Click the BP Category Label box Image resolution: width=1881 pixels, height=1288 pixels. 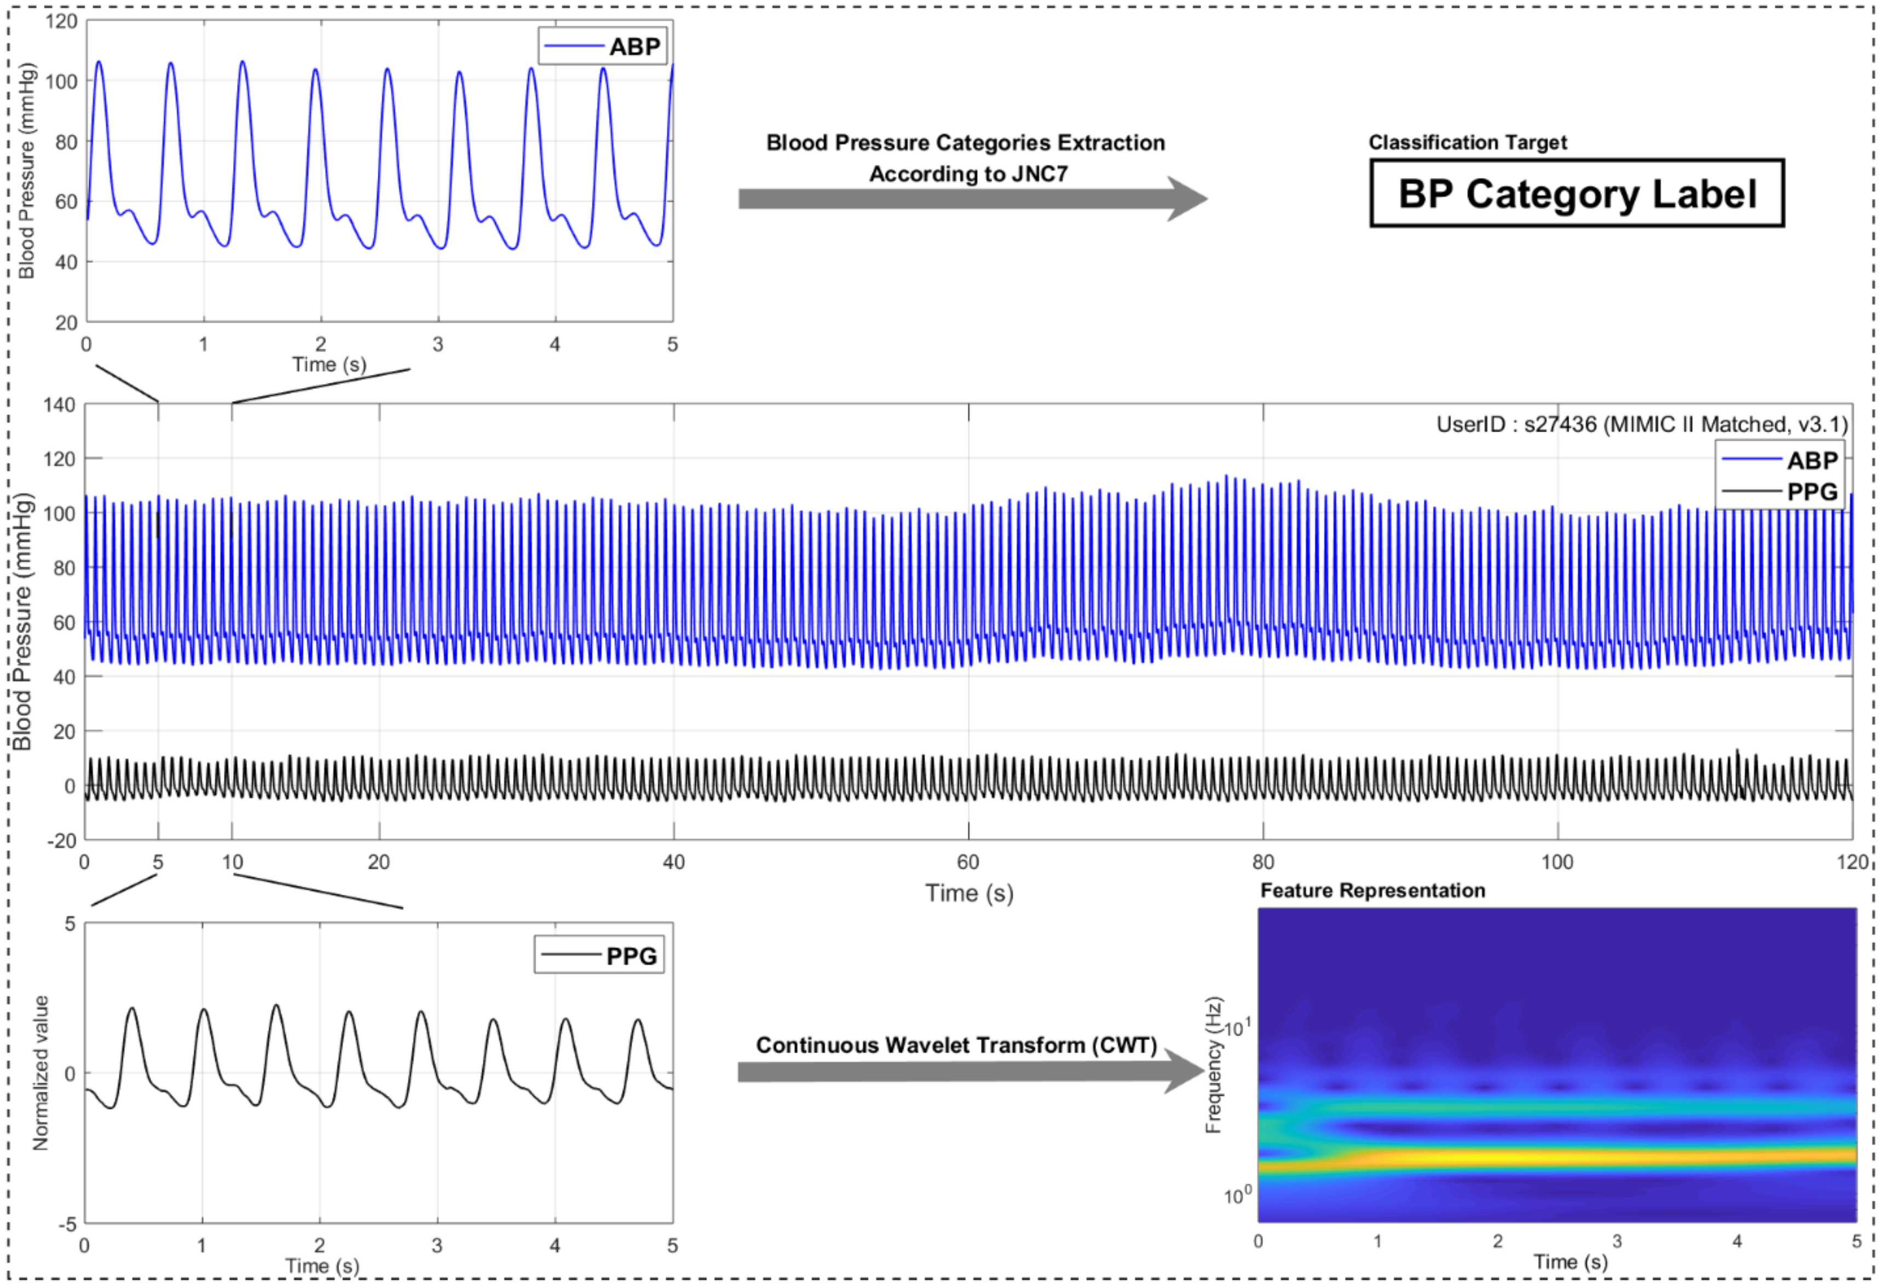[1576, 193]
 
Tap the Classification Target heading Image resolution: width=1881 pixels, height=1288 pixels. [1467, 142]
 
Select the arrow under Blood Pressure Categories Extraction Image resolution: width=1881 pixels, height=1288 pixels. [971, 199]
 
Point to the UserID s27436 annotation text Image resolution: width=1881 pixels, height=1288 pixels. [1641, 424]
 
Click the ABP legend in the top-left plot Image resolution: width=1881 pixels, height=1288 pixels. [603, 46]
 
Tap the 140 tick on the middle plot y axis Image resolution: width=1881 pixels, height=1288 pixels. [59, 405]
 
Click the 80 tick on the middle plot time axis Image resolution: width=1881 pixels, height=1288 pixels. [1262, 862]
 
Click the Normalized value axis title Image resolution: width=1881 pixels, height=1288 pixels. [41, 1073]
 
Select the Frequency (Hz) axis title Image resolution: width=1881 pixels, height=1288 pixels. [1213, 1065]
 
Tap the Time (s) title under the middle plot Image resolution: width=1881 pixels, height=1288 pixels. [969, 893]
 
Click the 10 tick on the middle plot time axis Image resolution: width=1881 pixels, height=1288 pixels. [232, 862]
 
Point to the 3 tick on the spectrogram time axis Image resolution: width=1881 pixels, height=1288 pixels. [1617, 1241]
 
